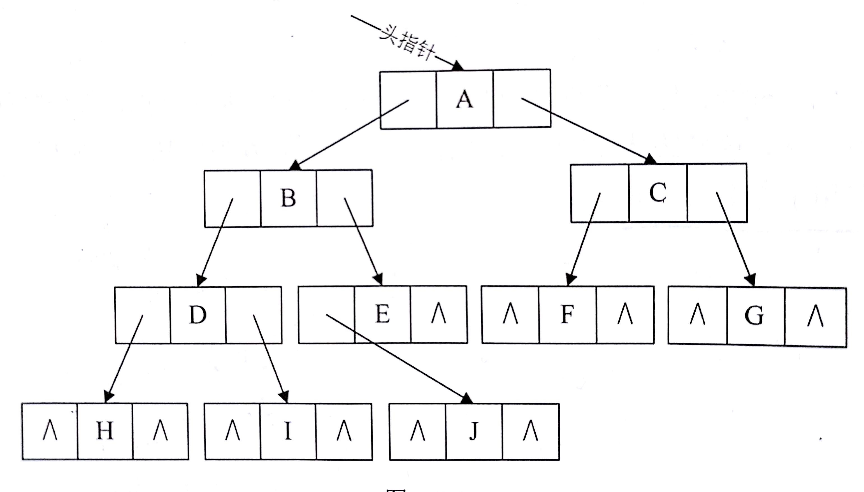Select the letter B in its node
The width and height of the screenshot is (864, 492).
(x=288, y=198)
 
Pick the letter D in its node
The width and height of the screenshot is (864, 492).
(x=198, y=315)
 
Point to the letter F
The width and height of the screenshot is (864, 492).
(x=567, y=314)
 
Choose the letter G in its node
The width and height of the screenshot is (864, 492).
(x=754, y=315)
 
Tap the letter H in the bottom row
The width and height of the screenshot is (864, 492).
(x=105, y=431)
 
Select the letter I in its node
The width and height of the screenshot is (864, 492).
(x=288, y=431)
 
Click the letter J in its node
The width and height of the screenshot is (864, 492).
(x=474, y=431)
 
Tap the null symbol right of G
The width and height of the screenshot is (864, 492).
(x=815, y=315)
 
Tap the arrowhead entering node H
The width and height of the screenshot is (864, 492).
(x=108, y=397)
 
